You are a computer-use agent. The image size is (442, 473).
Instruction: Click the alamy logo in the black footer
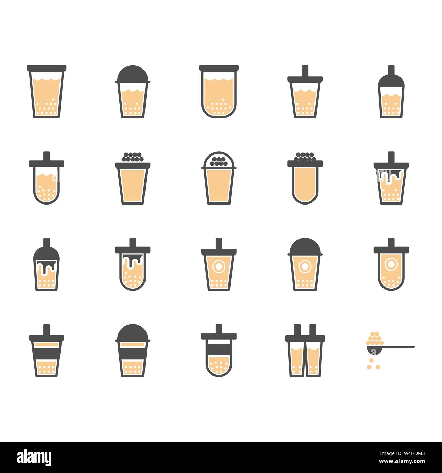point(34,458)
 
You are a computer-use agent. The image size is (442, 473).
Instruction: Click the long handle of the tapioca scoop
point(398,347)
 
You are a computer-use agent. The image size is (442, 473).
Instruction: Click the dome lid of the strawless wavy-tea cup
point(133,74)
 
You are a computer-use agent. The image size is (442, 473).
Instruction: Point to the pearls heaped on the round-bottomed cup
point(305,157)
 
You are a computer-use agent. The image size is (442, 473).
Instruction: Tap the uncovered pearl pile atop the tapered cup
point(133,158)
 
